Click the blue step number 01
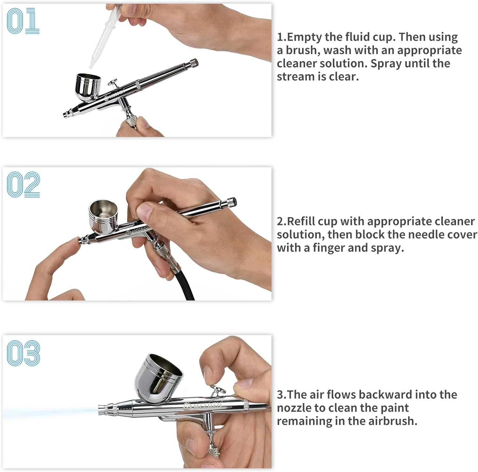23,21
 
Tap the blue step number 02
23,184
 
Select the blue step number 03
23,353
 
